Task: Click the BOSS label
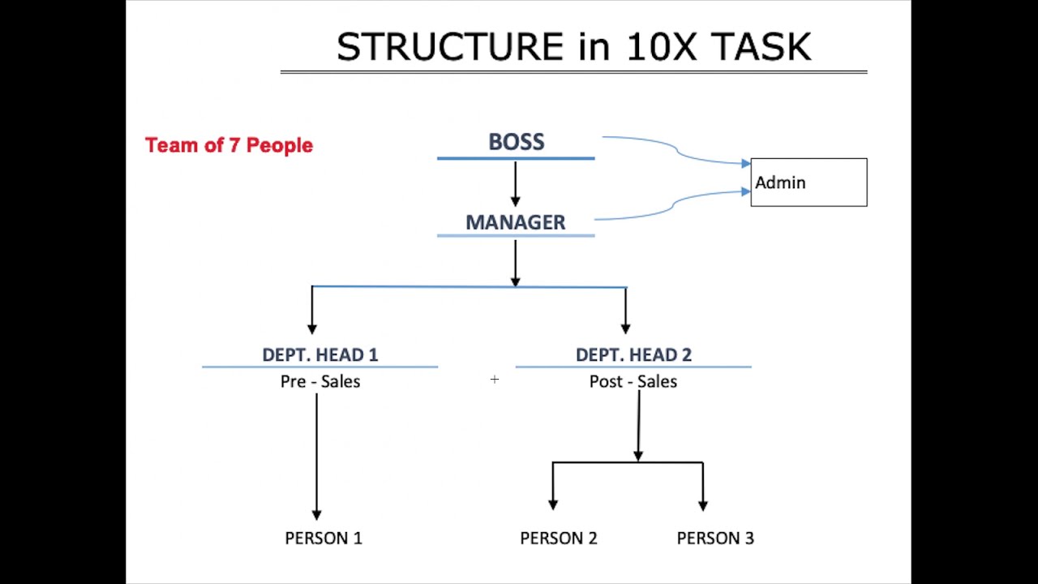(516, 142)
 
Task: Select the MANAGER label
(515, 222)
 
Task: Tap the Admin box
(809, 182)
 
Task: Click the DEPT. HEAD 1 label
(320, 354)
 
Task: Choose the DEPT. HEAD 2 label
(633, 354)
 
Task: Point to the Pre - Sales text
(320, 381)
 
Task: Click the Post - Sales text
(633, 381)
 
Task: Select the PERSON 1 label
(324, 538)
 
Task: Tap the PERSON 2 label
(559, 538)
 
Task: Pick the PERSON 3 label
(715, 538)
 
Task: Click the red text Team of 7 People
(229, 145)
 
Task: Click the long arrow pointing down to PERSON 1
(316, 454)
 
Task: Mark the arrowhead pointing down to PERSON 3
(702, 505)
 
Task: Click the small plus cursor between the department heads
(494, 379)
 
